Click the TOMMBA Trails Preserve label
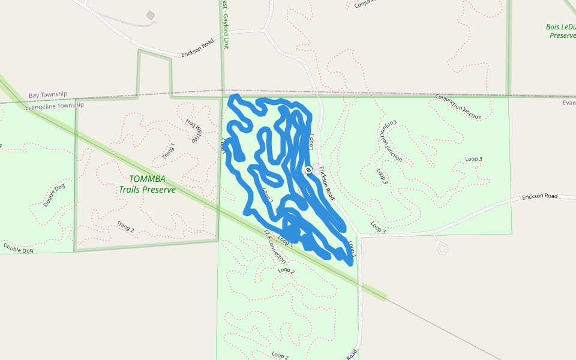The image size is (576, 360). point(147,184)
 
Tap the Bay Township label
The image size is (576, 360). point(48,95)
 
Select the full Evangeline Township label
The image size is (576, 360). point(55,106)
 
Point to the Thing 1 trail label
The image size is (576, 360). point(169,152)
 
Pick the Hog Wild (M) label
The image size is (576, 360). point(193,131)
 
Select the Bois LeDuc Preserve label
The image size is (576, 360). point(561,31)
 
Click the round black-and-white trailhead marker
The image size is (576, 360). point(308,170)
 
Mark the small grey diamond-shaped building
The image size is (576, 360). point(150,15)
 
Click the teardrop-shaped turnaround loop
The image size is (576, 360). point(442,247)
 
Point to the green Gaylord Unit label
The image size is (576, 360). point(226,24)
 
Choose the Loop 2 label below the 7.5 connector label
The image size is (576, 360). point(286,270)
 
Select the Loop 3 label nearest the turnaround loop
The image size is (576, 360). point(378,227)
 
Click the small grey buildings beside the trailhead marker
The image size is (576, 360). point(316,169)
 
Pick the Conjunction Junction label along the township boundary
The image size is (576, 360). point(458,106)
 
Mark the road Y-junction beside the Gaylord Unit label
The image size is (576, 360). point(265,28)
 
